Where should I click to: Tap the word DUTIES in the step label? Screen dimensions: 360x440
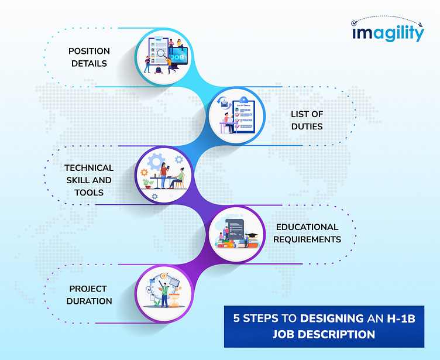[x=307, y=126]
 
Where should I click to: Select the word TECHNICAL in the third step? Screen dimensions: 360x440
[x=89, y=167]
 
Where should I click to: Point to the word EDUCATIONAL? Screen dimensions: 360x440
[x=307, y=227]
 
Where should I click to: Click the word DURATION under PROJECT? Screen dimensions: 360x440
[x=89, y=301]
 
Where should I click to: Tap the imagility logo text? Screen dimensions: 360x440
[x=388, y=34]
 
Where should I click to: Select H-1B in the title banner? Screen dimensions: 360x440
[x=403, y=319]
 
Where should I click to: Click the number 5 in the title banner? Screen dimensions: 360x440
[x=237, y=319]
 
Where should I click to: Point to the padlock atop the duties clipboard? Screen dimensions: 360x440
[x=242, y=100]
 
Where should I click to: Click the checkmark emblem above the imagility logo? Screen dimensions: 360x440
[x=354, y=25]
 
